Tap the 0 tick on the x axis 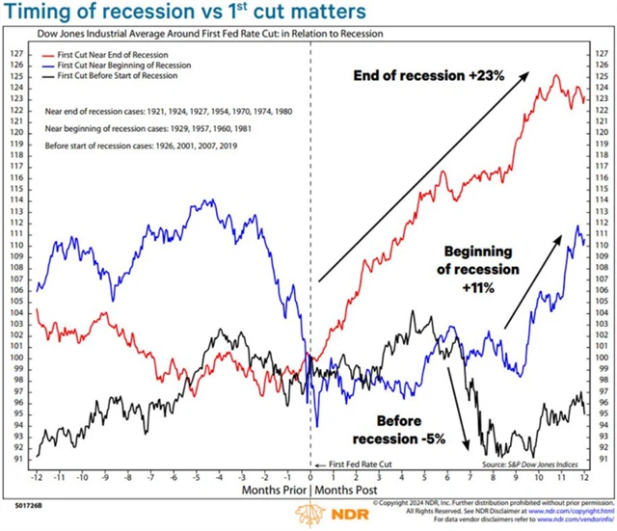pyautogui.click(x=309, y=477)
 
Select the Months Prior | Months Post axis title pyautogui.click(x=310, y=491)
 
